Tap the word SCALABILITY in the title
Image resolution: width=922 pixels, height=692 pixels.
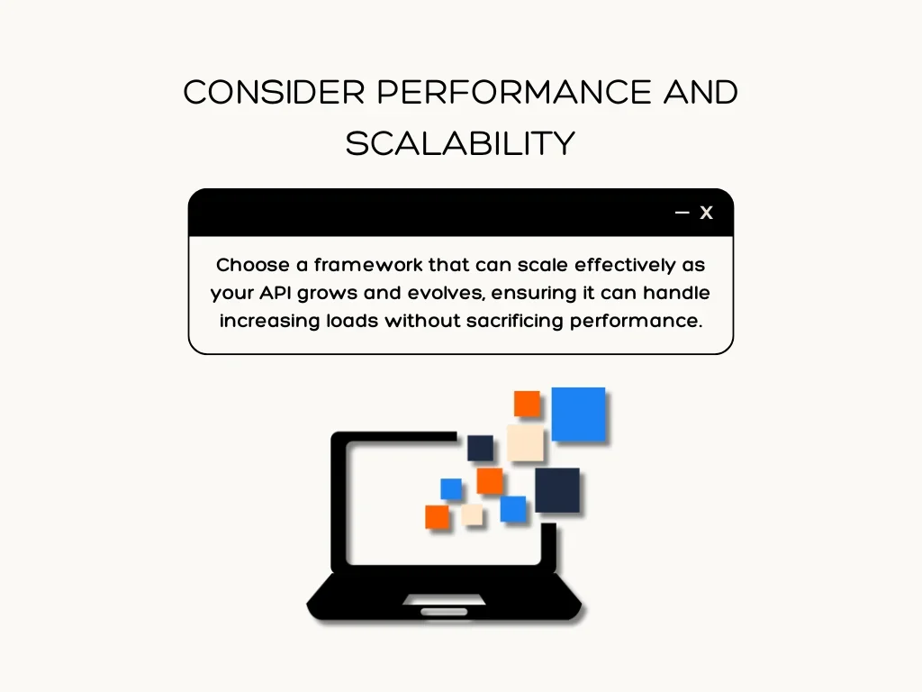[x=460, y=144]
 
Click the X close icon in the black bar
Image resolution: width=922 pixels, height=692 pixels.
[x=707, y=213]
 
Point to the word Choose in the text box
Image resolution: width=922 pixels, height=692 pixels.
[x=240, y=266]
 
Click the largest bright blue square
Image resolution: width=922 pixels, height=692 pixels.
[x=578, y=414]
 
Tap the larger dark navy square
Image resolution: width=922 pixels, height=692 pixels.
[x=557, y=490]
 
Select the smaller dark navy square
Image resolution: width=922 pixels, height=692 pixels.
[x=480, y=448]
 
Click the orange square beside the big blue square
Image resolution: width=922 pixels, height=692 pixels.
[x=527, y=404]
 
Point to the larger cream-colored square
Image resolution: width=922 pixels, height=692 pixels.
[x=525, y=442]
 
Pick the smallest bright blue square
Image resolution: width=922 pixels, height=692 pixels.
[x=451, y=489]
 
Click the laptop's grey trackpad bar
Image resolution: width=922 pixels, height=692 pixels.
[x=444, y=612]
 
